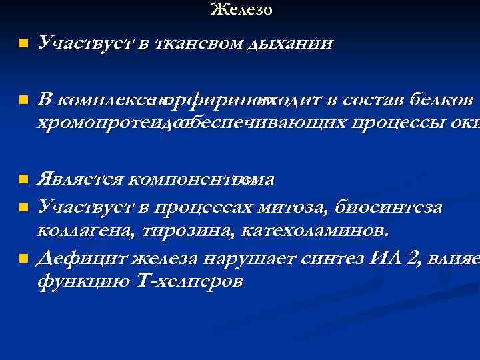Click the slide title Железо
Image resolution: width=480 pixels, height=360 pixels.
[241, 10]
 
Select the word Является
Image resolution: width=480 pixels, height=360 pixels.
[81, 179]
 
